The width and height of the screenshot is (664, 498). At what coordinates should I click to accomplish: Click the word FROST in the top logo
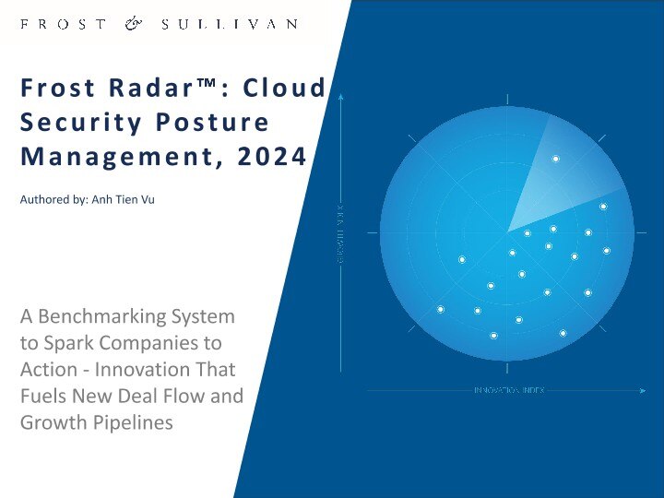[x=62, y=24]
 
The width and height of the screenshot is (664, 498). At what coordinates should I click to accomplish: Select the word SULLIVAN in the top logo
[x=228, y=24]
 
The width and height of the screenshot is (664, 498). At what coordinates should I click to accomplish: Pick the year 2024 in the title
[x=270, y=157]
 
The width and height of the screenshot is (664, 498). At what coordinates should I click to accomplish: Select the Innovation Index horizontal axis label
[x=509, y=391]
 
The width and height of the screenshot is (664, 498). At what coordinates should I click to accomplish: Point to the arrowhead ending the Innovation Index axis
[x=642, y=391]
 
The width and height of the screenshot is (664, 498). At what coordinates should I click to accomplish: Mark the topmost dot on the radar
[x=555, y=159]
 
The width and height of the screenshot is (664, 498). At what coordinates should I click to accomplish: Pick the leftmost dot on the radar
[x=441, y=309]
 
